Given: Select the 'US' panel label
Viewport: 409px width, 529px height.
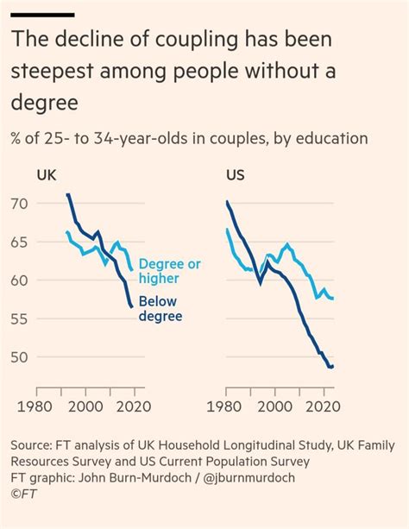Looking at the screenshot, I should [235, 174].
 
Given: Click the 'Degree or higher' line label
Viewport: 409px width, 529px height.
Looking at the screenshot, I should [172, 271].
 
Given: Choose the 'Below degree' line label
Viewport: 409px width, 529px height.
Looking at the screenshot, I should [172, 310].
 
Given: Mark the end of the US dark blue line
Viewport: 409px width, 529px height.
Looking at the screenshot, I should [334, 367].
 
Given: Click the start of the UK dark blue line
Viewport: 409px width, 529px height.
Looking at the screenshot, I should [67, 195].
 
